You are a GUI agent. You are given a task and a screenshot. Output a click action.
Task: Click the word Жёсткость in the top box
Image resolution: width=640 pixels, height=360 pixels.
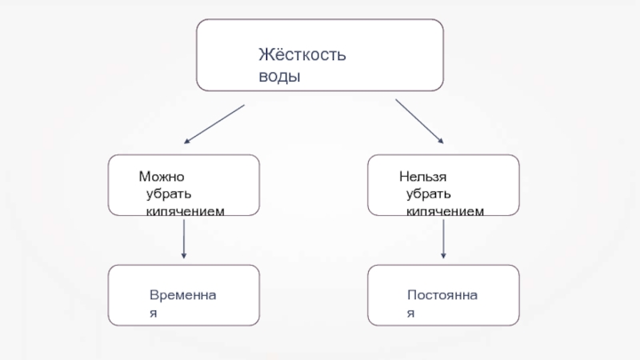point(302,55)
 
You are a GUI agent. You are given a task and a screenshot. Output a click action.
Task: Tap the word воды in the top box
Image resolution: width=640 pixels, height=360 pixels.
point(279,78)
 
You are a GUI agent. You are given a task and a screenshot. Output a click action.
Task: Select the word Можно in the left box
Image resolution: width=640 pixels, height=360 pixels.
point(162,177)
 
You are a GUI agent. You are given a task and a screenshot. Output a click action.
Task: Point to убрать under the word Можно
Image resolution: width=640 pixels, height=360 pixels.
point(168,194)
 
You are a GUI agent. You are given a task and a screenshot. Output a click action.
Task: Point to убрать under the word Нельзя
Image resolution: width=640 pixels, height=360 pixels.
point(428,194)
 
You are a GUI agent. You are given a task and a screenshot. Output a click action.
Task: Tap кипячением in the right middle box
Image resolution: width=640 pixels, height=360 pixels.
point(445,210)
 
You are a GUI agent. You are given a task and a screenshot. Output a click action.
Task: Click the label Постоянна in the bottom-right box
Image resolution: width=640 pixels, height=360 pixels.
point(442,295)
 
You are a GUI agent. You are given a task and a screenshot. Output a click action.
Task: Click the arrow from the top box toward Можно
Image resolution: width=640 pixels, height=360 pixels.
point(214,123)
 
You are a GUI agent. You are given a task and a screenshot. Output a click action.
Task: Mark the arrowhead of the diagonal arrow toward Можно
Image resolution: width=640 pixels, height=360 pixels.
point(187,141)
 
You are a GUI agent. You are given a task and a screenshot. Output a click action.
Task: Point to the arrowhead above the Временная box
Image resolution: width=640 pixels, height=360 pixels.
point(185,255)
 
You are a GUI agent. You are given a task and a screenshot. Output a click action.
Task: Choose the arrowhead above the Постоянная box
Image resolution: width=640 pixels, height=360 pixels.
point(444,255)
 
